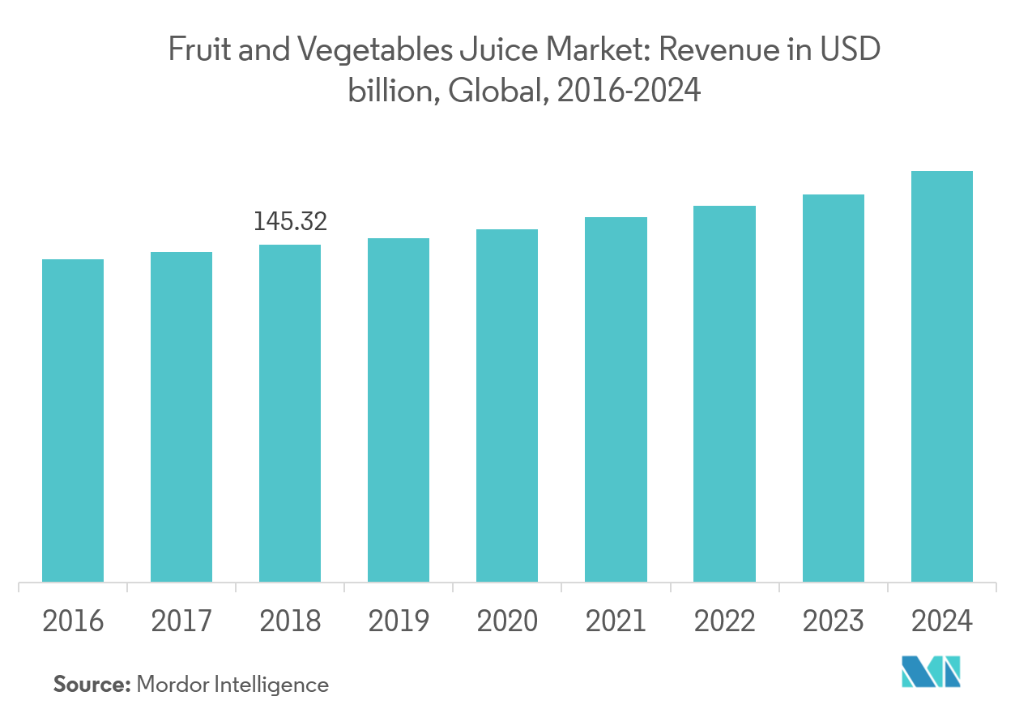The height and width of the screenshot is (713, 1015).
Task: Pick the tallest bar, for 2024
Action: (x=941, y=376)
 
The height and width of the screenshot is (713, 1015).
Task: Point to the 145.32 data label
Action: (x=290, y=221)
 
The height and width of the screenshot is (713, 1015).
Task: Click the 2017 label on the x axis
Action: (x=181, y=621)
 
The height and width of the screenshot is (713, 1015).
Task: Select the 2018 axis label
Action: (x=290, y=621)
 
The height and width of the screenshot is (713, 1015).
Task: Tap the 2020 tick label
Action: (x=507, y=621)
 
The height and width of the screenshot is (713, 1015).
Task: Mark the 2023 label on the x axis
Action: (x=833, y=621)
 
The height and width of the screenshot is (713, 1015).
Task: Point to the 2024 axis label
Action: (x=941, y=621)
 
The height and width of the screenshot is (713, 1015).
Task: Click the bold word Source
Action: (x=92, y=685)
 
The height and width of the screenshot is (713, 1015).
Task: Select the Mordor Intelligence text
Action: (x=233, y=685)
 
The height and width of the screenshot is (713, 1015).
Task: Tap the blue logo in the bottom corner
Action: (x=931, y=672)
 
